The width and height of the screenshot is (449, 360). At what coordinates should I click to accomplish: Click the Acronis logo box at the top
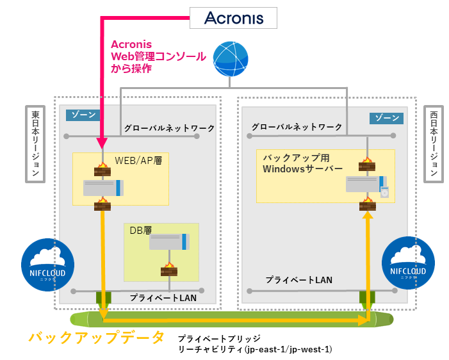tap(234, 18)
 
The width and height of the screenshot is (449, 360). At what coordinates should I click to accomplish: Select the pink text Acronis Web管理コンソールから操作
tap(157, 56)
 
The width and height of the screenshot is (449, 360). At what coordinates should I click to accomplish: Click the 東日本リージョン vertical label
tap(35, 144)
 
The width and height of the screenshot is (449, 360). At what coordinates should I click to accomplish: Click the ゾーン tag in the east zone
tap(83, 115)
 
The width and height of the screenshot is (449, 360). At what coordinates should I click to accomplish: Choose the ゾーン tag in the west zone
tap(386, 119)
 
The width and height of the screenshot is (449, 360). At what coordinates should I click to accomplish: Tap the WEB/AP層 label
tap(137, 160)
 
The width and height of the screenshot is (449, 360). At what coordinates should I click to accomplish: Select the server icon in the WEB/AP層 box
tap(103, 188)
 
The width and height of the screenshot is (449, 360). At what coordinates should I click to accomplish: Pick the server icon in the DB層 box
tap(169, 241)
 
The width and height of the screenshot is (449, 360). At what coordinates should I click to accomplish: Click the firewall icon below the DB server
tap(168, 269)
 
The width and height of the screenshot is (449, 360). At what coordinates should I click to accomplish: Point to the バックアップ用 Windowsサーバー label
tap(302, 163)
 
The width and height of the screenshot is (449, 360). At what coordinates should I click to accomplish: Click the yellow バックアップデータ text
tap(97, 338)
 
